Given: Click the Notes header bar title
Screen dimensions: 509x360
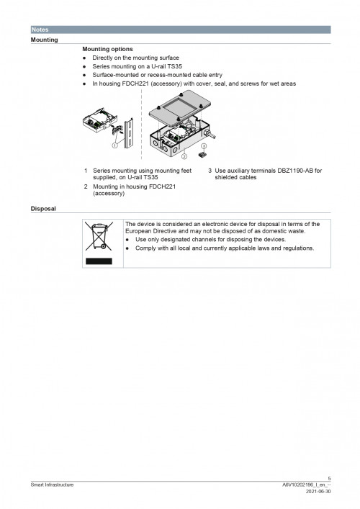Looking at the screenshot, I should [x=39, y=30].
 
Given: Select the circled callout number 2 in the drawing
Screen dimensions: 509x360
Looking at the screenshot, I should [x=184, y=155].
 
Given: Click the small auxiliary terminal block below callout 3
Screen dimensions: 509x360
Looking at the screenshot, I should [x=204, y=153].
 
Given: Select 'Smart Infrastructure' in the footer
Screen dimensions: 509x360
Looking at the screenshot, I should [x=52, y=485].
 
